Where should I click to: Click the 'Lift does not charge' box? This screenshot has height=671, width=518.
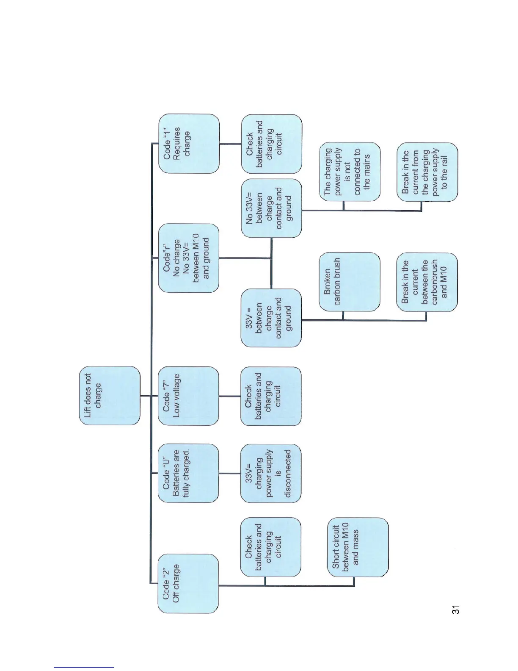pyautogui.click(x=110, y=396)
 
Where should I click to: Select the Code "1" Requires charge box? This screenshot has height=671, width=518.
pyautogui.click(x=189, y=144)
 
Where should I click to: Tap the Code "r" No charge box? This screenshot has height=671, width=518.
pyautogui.click(x=189, y=258)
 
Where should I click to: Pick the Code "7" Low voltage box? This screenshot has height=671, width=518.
pyautogui.click(x=188, y=396)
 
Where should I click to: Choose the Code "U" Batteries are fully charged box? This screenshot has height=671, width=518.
pyautogui.click(x=188, y=473)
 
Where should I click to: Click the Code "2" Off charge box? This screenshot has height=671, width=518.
pyautogui.click(x=188, y=583)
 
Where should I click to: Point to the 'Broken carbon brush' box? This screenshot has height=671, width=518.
pyautogui.click(x=350, y=282)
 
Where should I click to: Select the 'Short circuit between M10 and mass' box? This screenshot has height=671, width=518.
pyautogui.click(x=358, y=547)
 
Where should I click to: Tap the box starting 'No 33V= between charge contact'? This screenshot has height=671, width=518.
pyautogui.click(x=271, y=208)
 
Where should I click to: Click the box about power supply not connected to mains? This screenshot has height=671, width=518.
pyautogui.click(x=350, y=172)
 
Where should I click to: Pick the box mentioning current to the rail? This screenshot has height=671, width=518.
pyautogui.click(x=427, y=172)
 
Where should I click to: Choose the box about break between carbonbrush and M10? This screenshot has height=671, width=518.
pyautogui.click(x=427, y=282)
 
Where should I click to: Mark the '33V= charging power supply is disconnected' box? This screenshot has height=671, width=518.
pyautogui.click(x=271, y=473)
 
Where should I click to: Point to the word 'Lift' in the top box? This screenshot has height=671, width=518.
pyautogui.click(x=88, y=412)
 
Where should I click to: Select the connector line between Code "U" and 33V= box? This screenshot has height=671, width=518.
pyautogui.click(x=230, y=473)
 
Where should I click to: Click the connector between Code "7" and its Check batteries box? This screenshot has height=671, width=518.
pyautogui.click(x=230, y=396)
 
